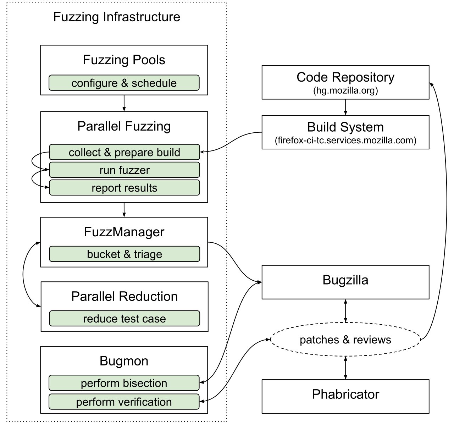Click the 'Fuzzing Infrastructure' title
click(x=116, y=17)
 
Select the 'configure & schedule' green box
click(x=124, y=83)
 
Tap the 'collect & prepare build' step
click(x=124, y=152)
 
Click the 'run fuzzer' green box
click(x=124, y=170)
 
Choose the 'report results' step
click(x=124, y=188)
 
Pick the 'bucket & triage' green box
click(x=124, y=254)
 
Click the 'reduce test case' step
click(x=124, y=319)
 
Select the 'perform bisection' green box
click(x=124, y=383)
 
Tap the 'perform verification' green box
click(x=124, y=402)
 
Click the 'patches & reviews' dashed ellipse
click(x=345, y=340)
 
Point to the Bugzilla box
click(x=345, y=282)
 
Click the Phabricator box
click(x=345, y=396)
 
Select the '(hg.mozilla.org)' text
click(x=345, y=90)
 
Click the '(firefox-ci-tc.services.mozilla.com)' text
click(x=345, y=140)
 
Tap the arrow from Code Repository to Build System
click(x=345, y=107)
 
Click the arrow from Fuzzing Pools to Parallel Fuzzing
click(x=124, y=103)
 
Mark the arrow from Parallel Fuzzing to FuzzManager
click(x=124, y=210)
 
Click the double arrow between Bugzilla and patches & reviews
click(x=345, y=311)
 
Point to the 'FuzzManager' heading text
click(x=124, y=232)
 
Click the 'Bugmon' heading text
click(x=124, y=361)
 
